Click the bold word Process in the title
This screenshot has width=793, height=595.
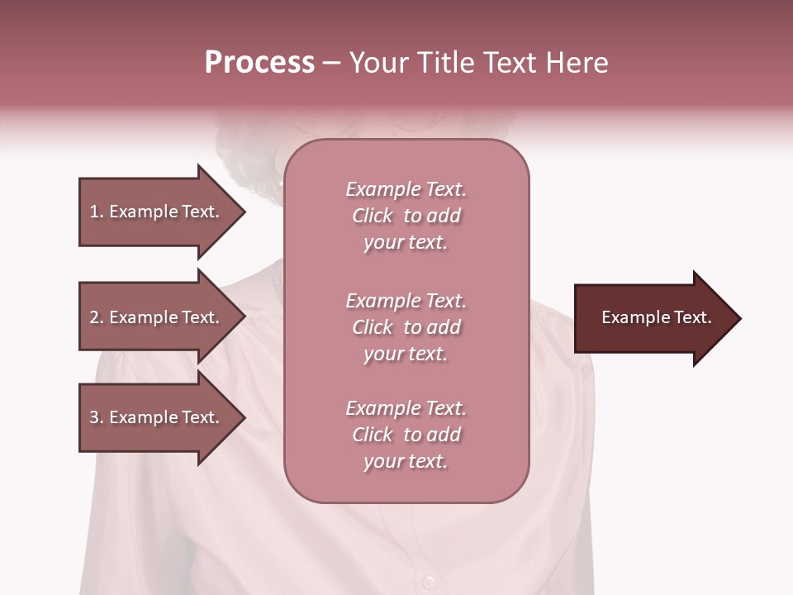click(259, 63)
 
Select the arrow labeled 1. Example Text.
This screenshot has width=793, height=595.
click(157, 212)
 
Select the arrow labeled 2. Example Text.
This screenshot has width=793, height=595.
click(157, 317)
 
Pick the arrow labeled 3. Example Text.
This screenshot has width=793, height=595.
click(157, 417)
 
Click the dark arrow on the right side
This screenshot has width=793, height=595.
click(653, 318)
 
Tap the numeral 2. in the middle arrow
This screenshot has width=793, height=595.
click(97, 317)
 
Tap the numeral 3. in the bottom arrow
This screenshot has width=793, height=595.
click(97, 417)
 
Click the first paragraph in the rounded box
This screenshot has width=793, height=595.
click(406, 216)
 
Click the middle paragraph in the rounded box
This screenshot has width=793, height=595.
click(406, 327)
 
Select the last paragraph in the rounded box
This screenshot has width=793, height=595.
click(406, 435)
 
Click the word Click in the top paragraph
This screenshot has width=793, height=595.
click(373, 216)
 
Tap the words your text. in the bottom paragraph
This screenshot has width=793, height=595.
click(406, 462)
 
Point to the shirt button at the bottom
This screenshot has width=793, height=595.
click(428, 581)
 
